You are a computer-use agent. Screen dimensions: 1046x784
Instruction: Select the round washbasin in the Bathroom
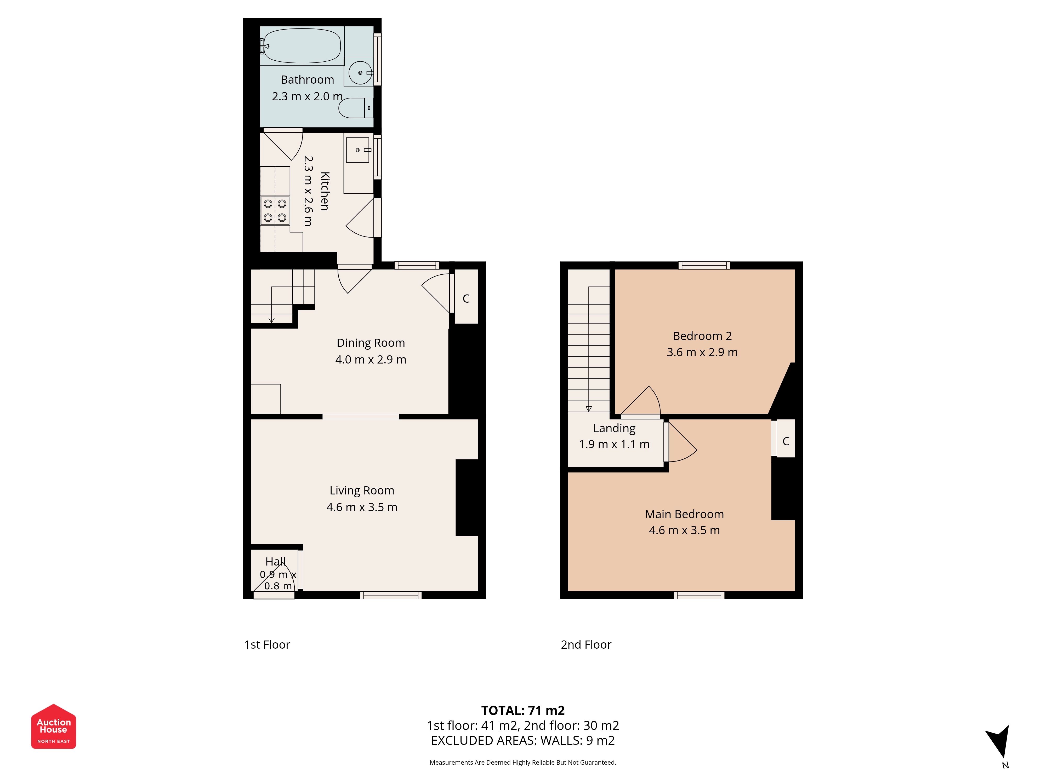pyautogui.click(x=360, y=73)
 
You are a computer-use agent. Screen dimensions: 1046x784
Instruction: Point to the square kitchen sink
pyautogui.click(x=357, y=150)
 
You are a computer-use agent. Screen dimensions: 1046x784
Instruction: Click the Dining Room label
pyautogui.click(x=371, y=343)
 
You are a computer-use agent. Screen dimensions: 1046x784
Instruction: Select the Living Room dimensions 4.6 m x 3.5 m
pyautogui.click(x=362, y=507)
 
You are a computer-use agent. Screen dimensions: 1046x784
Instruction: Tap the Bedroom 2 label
pyautogui.click(x=702, y=336)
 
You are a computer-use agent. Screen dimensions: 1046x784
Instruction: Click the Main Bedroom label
pyautogui.click(x=684, y=514)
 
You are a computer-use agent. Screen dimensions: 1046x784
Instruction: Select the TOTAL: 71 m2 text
pyautogui.click(x=523, y=711)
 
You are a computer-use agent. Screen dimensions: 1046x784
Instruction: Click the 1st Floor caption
pyautogui.click(x=267, y=645)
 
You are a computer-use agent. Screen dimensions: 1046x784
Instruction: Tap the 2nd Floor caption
pyautogui.click(x=586, y=645)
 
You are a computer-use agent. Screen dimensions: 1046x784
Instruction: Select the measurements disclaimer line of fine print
pyautogui.click(x=523, y=762)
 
